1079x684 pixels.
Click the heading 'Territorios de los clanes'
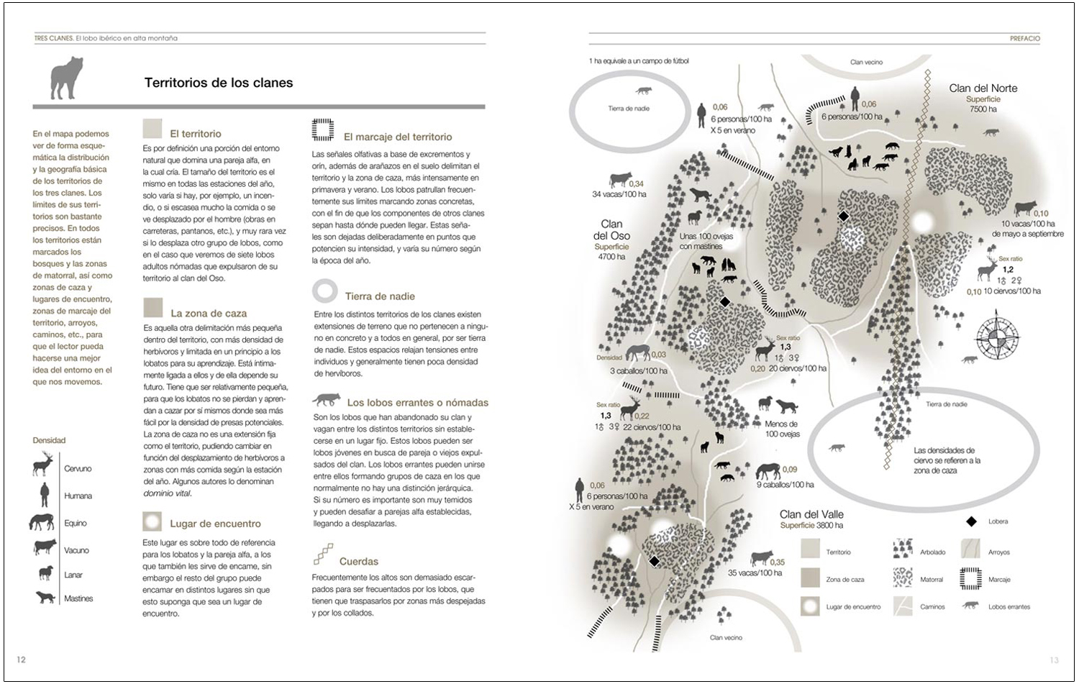pyautogui.click(x=219, y=83)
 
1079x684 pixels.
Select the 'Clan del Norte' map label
pyautogui.click(x=983, y=88)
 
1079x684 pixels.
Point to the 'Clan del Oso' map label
pyautogui.click(x=611, y=229)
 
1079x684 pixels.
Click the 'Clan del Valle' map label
pyautogui.click(x=811, y=514)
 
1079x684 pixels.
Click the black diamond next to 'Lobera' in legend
pyautogui.click(x=971, y=521)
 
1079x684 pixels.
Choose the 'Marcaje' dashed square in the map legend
pyautogui.click(x=971, y=578)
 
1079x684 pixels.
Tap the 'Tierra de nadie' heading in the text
pyautogui.click(x=380, y=296)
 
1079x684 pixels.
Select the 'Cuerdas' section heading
pyautogui.click(x=358, y=561)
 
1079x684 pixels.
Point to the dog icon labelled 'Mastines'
pyautogui.click(x=45, y=597)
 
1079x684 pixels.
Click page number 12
pyautogui.click(x=21, y=659)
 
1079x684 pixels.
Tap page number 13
pyautogui.click(x=1054, y=660)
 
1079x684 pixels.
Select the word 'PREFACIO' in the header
pyautogui.click(x=1024, y=39)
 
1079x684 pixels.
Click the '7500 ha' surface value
pyautogui.click(x=983, y=109)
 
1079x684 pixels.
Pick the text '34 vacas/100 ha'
pyautogui.click(x=619, y=194)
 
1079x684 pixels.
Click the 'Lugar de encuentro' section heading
pyautogui.click(x=215, y=524)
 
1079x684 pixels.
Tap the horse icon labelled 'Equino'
pyautogui.click(x=42, y=522)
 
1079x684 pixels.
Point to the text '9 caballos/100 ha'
pyautogui.click(x=786, y=485)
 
